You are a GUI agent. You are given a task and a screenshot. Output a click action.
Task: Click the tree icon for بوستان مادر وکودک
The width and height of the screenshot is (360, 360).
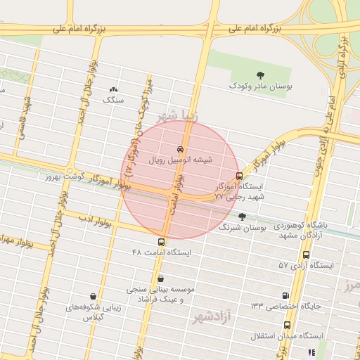pyautogui.click(x=261, y=75)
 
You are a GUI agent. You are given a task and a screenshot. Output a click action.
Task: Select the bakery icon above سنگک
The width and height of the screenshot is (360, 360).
pyautogui.click(x=113, y=89)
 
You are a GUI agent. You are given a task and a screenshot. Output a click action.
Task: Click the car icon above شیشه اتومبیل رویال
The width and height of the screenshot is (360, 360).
pyautogui.click(x=181, y=149)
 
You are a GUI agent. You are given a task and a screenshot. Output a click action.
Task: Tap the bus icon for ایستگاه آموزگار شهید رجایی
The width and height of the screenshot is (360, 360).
pyautogui.click(x=239, y=176)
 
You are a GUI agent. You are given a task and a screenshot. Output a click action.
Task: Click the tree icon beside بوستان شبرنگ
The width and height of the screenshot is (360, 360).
pyautogui.click(x=242, y=216)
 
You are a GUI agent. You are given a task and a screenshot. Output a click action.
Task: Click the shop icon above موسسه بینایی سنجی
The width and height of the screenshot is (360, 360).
pyautogui.click(x=161, y=278)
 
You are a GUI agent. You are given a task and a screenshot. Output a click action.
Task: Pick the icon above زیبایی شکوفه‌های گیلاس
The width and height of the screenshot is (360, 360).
pyautogui.click(x=93, y=296)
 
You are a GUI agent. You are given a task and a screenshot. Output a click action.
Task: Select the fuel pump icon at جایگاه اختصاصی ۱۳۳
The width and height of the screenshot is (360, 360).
pyautogui.click(x=285, y=295)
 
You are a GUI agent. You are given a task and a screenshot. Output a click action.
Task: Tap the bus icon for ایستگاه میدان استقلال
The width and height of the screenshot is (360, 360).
pyautogui.click(x=287, y=325)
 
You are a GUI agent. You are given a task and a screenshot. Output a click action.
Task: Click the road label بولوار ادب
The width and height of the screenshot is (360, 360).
pyautogui.click(x=96, y=223)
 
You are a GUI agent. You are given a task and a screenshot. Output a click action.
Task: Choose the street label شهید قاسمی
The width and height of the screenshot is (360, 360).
pyautogui.click(x=30, y=112)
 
